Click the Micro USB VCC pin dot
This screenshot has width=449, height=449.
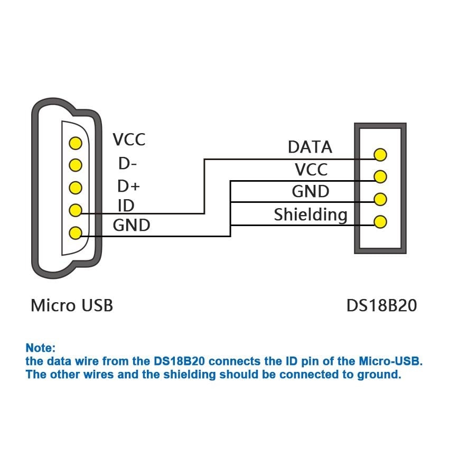click(76, 143)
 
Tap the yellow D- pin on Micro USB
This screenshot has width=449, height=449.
click(76, 165)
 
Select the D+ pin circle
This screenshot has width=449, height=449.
click(76, 188)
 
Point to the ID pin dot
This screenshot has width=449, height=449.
click(76, 210)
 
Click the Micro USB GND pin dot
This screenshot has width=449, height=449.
click(76, 232)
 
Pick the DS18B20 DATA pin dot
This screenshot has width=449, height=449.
click(380, 155)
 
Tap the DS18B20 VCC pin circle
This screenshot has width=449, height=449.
click(380, 176)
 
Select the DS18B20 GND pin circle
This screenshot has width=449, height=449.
click(380, 199)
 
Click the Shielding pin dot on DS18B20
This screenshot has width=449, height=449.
click(380, 221)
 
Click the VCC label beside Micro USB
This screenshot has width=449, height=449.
click(129, 140)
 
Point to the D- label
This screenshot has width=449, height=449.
click(128, 164)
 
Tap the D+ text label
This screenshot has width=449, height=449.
click(128, 186)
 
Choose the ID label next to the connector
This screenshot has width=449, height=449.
click(126, 205)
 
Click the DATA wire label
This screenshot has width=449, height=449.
click(310, 147)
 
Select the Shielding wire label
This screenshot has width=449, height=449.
click(311, 215)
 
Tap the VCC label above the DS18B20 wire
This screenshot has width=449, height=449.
click(311, 170)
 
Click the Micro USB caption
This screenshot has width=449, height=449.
click(72, 305)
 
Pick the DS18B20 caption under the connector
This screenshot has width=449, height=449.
click(381, 305)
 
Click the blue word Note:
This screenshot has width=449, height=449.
click(40, 348)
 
